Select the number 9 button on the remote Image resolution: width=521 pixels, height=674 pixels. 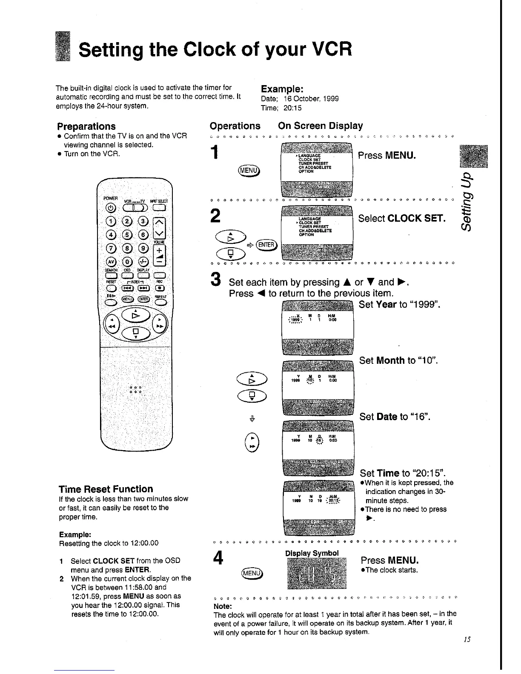pyautogui.click(x=144, y=248)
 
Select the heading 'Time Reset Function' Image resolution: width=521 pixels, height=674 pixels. pyautogui.click(x=106, y=489)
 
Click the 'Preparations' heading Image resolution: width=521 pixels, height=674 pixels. pyautogui.click(x=86, y=126)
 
